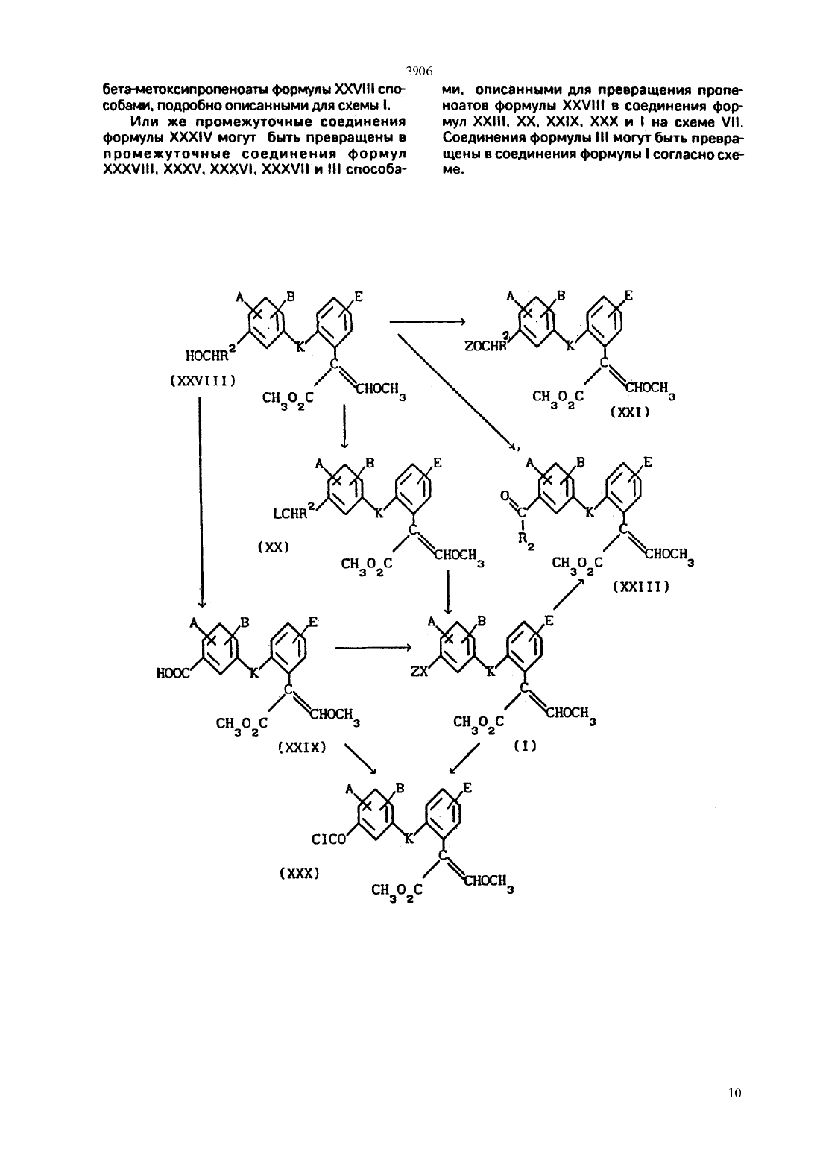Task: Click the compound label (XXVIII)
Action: coord(203,381)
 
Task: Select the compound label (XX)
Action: coord(273,547)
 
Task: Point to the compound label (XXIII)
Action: coord(641,587)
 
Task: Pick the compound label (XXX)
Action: coord(299,874)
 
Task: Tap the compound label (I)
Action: coord(525,746)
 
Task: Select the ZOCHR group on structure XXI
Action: coord(485,345)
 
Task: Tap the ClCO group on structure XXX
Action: coord(329,839)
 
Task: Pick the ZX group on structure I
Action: coord(419,672)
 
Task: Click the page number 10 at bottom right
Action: coord(734,1093)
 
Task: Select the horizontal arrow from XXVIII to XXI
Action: coord(428,321)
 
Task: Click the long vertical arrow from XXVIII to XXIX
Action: coord(201,502)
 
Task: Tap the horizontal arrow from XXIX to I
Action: coord(373,647)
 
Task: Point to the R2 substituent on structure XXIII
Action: coord(524,540)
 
